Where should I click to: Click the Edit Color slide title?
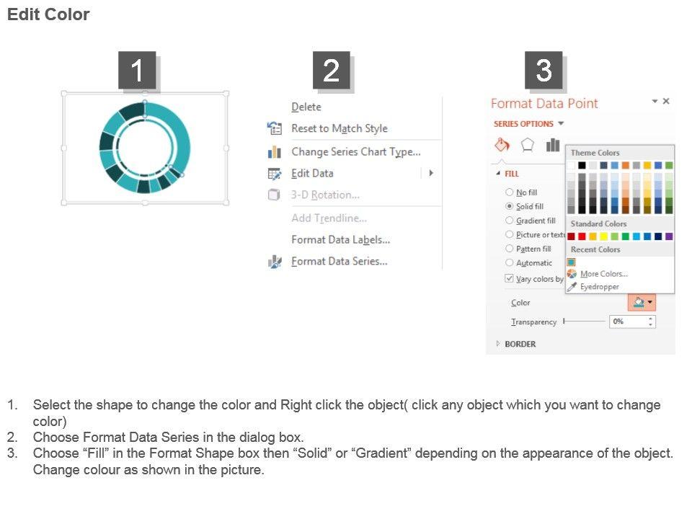(48, 14)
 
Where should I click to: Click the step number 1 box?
(137, 70)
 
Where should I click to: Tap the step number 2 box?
(332, 70)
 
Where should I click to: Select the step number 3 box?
(544, 70)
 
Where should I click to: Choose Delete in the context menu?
(306, 107)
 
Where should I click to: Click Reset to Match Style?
(340, 128)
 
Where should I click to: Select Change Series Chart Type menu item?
(355, 152)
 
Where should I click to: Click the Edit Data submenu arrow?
(431, 173)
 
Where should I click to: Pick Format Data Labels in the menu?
(341, 239)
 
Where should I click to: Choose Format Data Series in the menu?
(340, 261)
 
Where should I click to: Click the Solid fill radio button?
(510, 206)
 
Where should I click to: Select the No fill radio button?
(510, 192)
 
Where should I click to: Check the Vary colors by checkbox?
(510, 278)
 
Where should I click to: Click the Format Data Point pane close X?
(666, 101)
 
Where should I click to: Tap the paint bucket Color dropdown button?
(642, 302)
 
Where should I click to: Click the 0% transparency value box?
(632, 321)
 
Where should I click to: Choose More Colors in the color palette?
(604, 274)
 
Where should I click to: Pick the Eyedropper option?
(599, 286)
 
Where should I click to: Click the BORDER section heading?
(520, 344)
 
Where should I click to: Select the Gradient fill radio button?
(510, 221)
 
